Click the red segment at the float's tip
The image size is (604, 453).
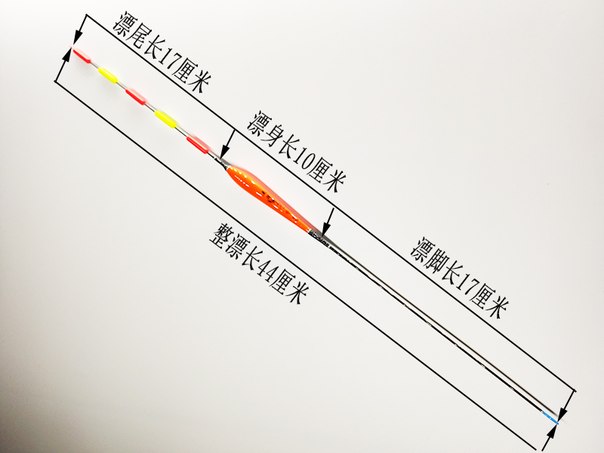[81, 54]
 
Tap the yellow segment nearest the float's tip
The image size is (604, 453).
[109, 75]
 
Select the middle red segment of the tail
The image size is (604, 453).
[137, 96]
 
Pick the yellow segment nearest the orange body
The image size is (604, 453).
[165, 119]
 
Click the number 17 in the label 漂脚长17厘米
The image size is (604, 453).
[468, 290]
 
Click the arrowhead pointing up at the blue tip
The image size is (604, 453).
[558, 428]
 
